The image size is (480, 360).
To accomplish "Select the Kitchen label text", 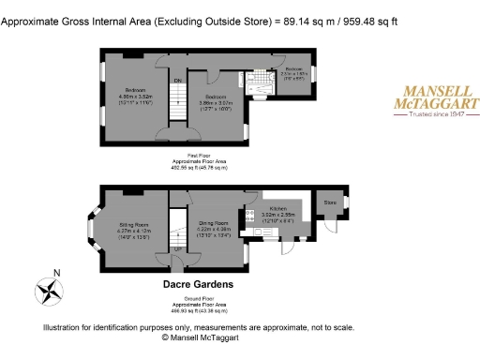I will (278, 207).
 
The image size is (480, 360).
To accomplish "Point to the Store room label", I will (330, 202).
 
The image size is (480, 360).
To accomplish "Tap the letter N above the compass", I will (56, 274).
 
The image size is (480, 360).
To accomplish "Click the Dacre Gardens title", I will (198, 283).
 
